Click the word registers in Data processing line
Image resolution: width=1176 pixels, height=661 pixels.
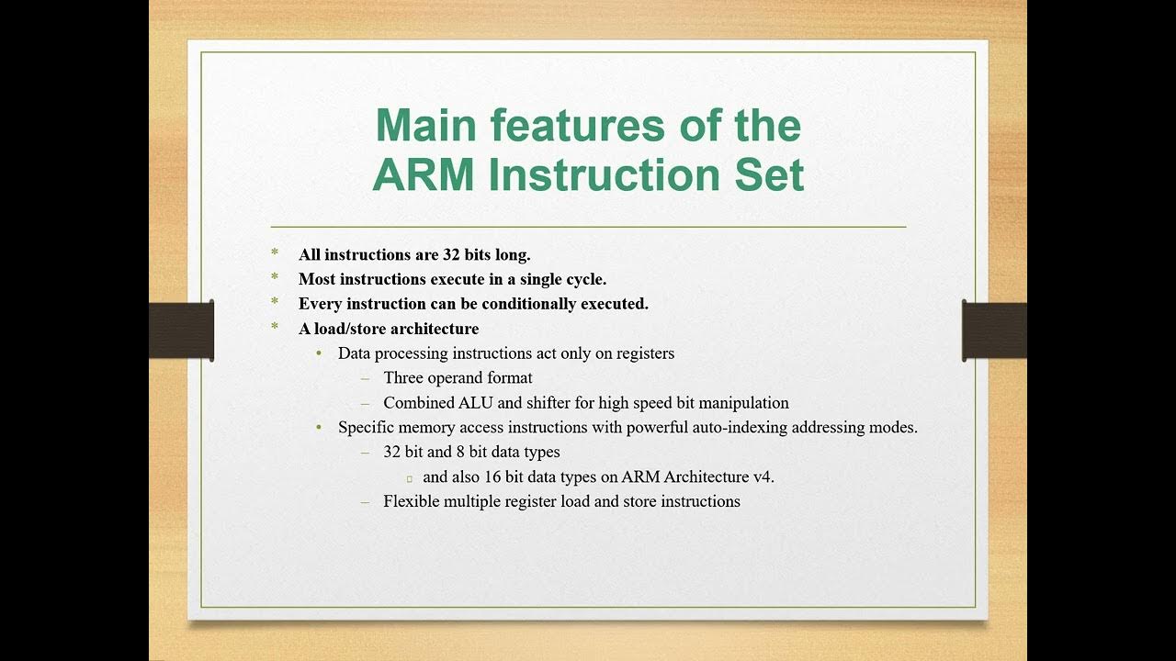pyautogui.click(x=643, y=353)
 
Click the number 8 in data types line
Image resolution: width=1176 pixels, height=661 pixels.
pyautogui.click(x=460, y=453)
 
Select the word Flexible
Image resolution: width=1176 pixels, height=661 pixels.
pyautogui.click(x=411, y=502)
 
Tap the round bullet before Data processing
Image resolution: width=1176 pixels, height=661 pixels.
pyautogui.click(x=319, y=353)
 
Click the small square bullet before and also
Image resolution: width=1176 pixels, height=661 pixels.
pyautogui.click(x=409, y=478)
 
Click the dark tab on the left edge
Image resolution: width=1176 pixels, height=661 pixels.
pyautogui.click(x=182, y=330)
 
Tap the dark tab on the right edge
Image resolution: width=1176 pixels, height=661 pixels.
pyautogui.click(x=994, y=330)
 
